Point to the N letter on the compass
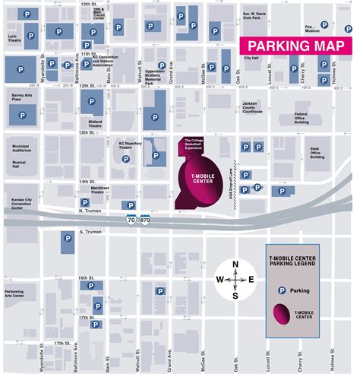point(235,265)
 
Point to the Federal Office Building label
point(305,118)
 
